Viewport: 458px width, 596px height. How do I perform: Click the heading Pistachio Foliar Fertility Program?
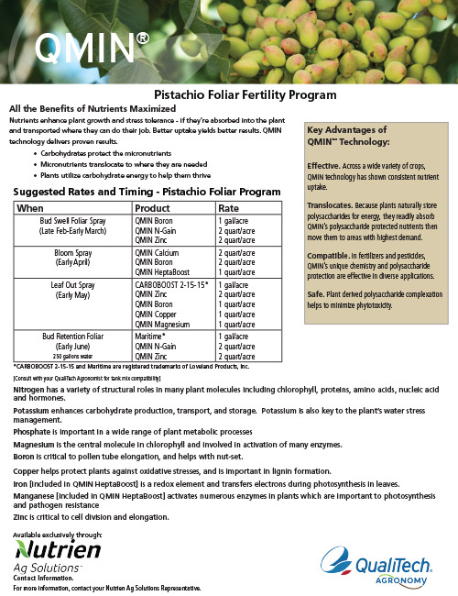pos(228,94)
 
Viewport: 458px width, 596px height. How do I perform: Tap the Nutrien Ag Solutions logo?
pos(57,554)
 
